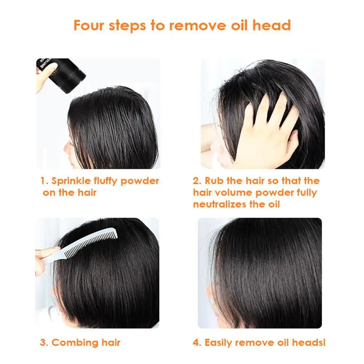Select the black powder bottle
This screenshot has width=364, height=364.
click(x=69, y=75)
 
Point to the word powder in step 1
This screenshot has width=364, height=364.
click(x=140, y=181)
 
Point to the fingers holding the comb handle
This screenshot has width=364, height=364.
click(x=45, y=255)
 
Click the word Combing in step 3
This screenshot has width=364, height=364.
click(x=75, y=342)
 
